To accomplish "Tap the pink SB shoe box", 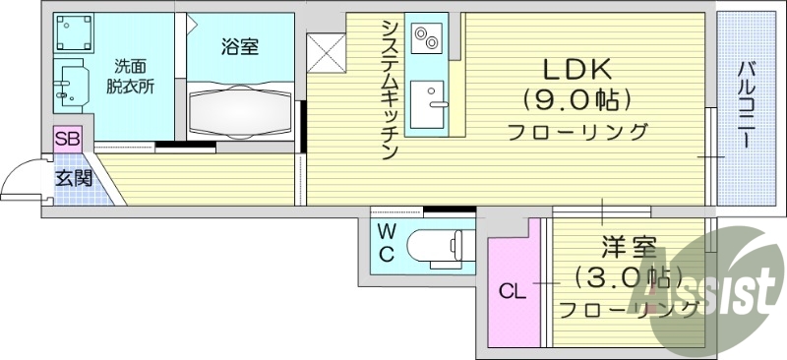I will [x=67, y=139].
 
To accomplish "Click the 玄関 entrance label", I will [x=72, y=179].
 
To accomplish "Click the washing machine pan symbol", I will [x=74, y=35].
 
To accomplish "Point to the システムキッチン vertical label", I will [x=388, y=89].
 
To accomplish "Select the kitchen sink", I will [x=428, y=101].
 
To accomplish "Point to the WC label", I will [x=387, y=244].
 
